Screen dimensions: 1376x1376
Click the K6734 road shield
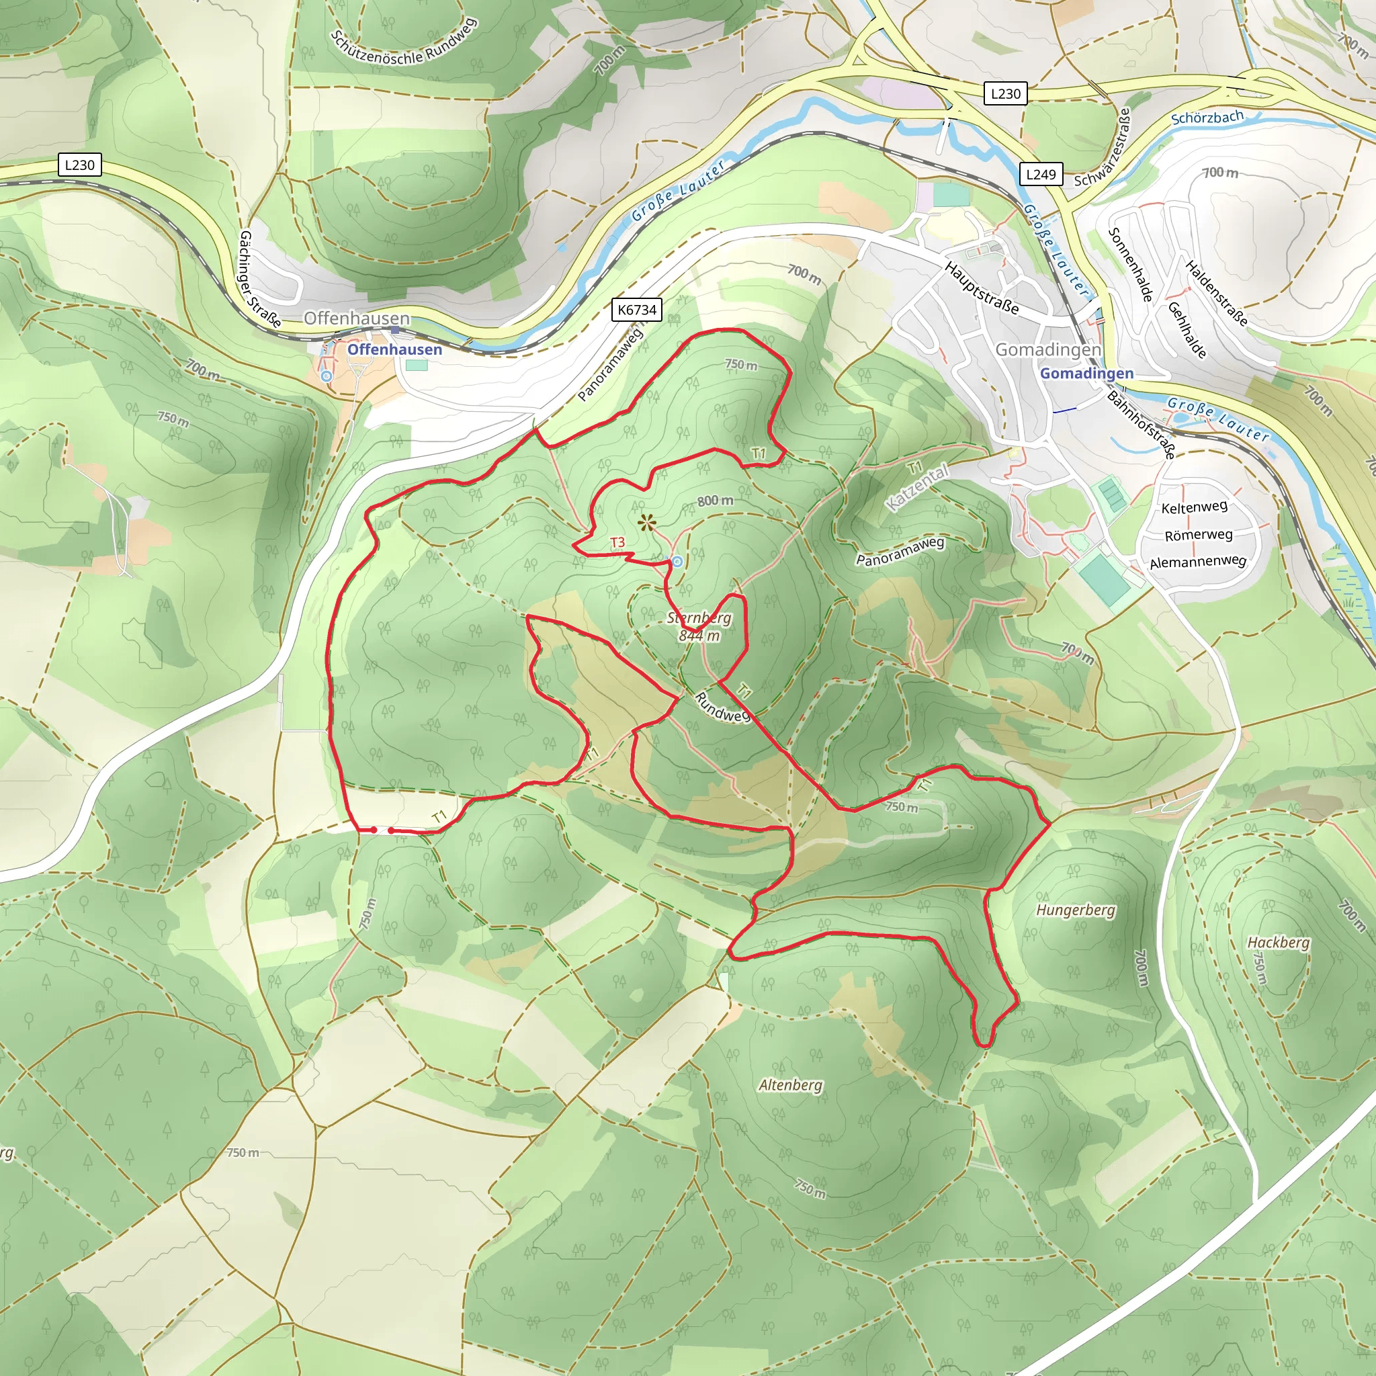click(x=637, y=310)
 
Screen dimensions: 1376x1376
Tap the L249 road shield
click(x=1041, y=175)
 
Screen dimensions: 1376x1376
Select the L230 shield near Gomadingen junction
click(x=1006, y=94)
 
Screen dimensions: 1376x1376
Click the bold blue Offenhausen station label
click(x=394, y=349)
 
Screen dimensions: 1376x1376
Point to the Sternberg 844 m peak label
click(x=699, y=626)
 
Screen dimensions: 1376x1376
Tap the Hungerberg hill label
click(x=1076, y=910)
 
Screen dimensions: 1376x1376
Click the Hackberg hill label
click(x=1279, y=942)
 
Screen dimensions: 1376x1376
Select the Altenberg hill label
click(x=791, y=1086)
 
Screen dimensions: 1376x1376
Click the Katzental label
click(x=918, y=487)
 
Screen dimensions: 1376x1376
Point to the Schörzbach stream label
click(x=1207, y=118)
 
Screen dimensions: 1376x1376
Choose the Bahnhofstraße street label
click(x=1140, y=424)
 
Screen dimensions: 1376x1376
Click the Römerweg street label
click(x=1199, y=535)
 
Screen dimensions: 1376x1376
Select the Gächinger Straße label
click(x=259, y=278)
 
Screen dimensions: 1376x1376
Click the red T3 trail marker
click(x=617, y=543)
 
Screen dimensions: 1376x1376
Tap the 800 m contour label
click(x=715, y=501)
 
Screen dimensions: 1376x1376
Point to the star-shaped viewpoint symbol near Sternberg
click(x=646, y=523)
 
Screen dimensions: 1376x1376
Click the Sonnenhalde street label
click(x=1130, y=265)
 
